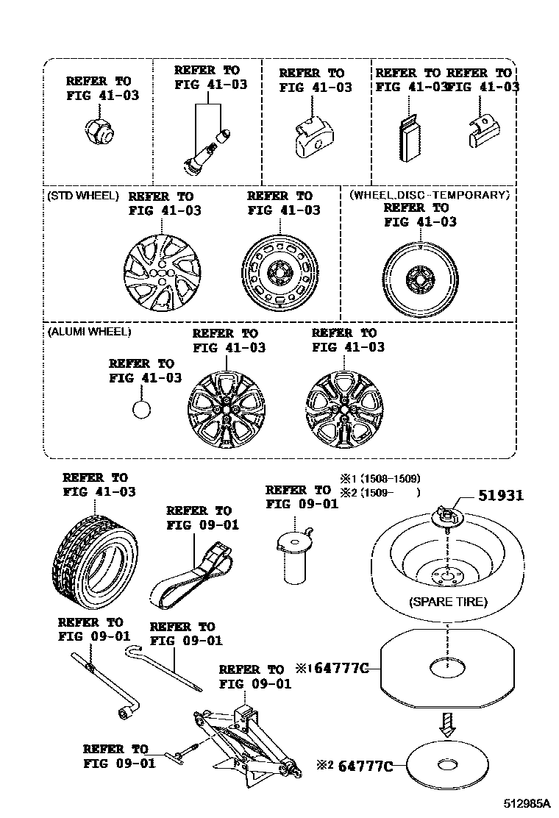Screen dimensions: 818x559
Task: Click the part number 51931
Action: [501, 496]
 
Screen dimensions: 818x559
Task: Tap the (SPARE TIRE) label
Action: [448, 602]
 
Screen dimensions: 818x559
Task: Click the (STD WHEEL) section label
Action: [82, 196]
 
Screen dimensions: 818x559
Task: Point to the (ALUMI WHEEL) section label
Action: [89, 332]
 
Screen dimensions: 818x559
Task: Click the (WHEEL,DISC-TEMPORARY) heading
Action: [429, 195]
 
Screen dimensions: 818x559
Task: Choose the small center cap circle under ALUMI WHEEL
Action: [142, 409]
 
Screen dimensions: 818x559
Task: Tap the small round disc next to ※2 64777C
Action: [448, 765]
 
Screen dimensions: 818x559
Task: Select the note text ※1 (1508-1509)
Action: [380, 478]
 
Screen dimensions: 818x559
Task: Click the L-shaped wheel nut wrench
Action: [102, 680]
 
